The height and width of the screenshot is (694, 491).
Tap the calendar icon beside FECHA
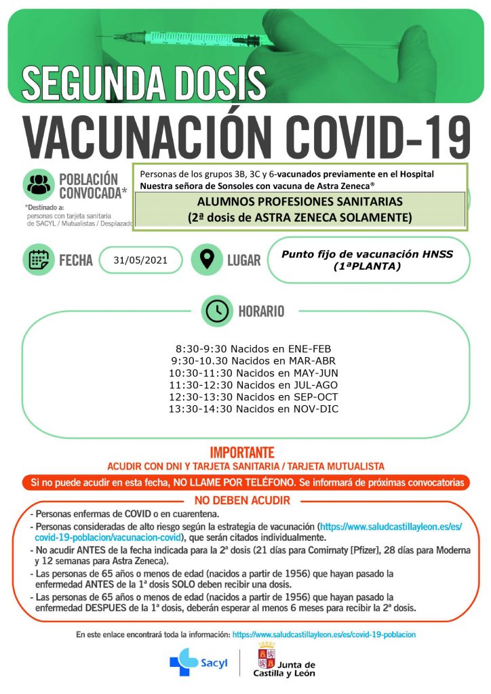[x=39, y=259]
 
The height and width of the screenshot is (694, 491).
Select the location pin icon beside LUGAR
[x=207, y=259]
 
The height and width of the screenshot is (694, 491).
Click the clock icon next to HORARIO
[x=217, y=311]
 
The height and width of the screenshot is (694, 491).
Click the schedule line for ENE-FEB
[x=243, y=348]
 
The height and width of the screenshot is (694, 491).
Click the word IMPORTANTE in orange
[x=242, y=452]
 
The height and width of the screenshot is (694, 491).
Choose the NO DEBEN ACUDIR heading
[x=242, y=500]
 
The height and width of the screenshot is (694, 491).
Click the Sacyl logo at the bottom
[x=195, y=662]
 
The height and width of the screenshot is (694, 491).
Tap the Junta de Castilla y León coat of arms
[x=266, y=656]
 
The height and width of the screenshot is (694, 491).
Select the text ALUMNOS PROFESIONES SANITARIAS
[x=300, y=202]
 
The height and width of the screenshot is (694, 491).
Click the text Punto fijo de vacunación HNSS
[x=367, y=254]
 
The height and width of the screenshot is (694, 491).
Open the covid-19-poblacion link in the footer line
[x=323, y=634]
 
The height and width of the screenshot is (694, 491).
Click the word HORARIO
[x=261, y=311]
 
